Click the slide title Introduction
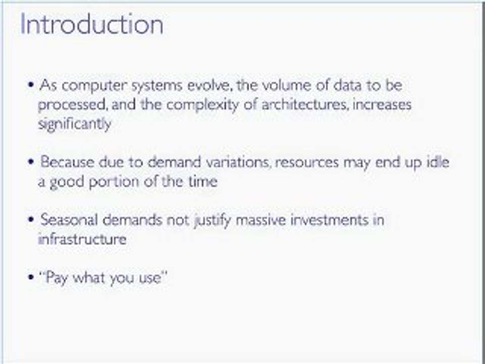(x=91, y=25)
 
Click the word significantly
(x=74, y=124)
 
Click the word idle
(x=439, y=162)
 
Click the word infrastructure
(x=82, y=239)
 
